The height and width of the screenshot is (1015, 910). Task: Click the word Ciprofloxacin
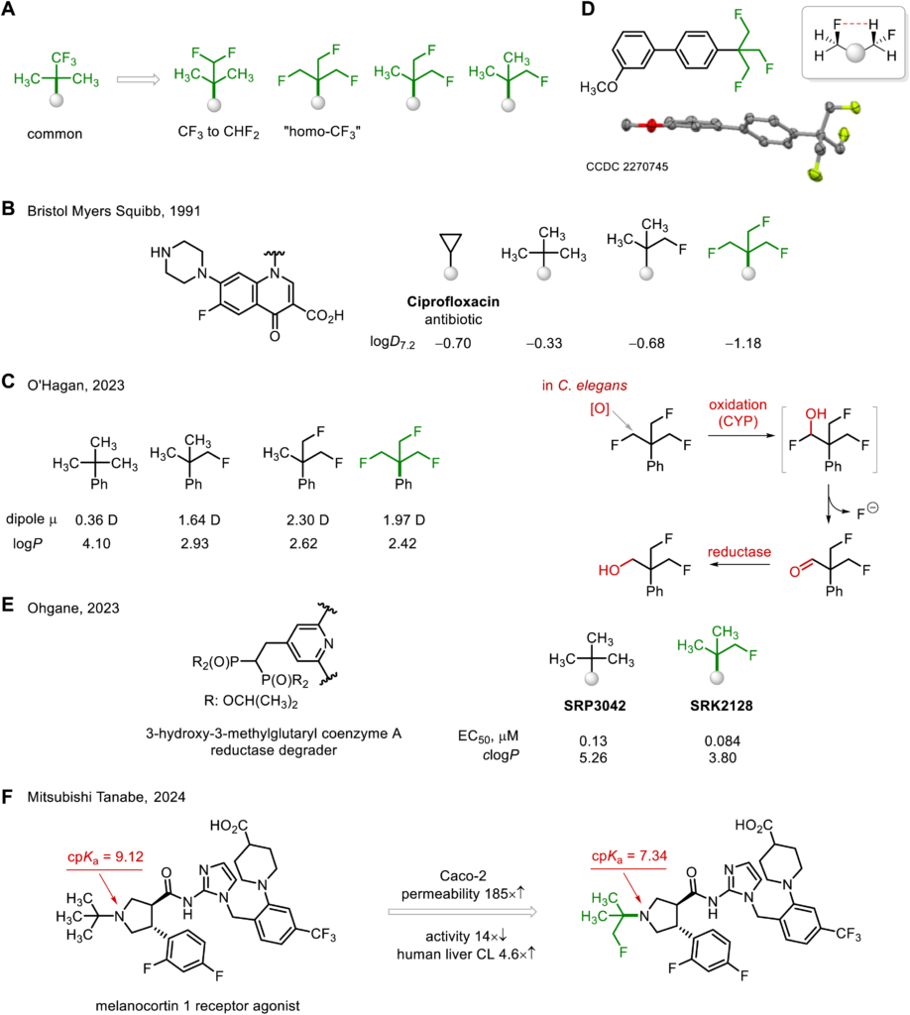click(453, 301)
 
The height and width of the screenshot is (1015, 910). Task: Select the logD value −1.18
click(743, 343)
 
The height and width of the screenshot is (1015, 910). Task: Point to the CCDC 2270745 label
click(626, 167)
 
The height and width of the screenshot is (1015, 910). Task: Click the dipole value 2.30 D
click(307, 519)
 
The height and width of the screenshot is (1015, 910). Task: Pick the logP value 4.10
click(96, 543)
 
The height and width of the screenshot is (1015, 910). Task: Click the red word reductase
click(739, 551)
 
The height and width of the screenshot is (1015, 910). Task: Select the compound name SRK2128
click(722, 706)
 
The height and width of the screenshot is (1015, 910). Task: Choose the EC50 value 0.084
click(723, 740)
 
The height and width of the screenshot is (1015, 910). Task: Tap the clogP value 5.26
click(593, 757)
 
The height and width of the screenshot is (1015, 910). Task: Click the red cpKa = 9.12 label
click(105, 857)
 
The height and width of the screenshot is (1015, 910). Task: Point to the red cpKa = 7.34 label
click(629, 855)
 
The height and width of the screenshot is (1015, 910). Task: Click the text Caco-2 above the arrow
click(463, 876)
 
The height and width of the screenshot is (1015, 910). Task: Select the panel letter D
click(588, 9)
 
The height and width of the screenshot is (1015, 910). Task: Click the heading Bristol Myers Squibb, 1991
click(114, 211)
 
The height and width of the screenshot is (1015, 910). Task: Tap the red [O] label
click(600, 408)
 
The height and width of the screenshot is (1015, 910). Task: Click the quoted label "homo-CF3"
click(321, 132)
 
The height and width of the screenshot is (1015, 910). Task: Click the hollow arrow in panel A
click(138, 79)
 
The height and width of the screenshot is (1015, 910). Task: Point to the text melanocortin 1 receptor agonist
click(197, 1006)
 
